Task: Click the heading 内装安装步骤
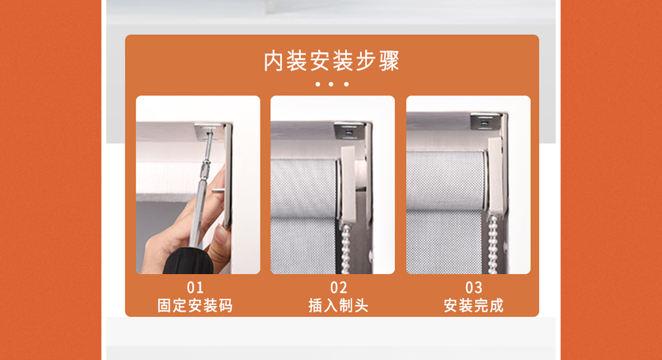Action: click(x=331, y=61)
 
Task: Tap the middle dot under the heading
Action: click(x=331, y=85)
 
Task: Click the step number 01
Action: click(x=195, y=288)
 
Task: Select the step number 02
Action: click(x=339, y=288)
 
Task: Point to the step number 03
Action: click(x=474, y=288)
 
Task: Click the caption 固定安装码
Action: click(x=195, y=305)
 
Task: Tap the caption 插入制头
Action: click(x=339, y=305)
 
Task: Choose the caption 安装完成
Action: click(x=474, y=305)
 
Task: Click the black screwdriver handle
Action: click(x=188, y=262)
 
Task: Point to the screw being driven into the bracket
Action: click(x=207, y=146)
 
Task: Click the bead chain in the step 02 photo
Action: click(x=346, y=249)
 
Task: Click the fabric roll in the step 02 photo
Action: click(x=304, y=188)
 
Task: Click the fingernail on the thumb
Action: click(x=220, y=235)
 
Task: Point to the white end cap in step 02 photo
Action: click(x=349, y=185)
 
